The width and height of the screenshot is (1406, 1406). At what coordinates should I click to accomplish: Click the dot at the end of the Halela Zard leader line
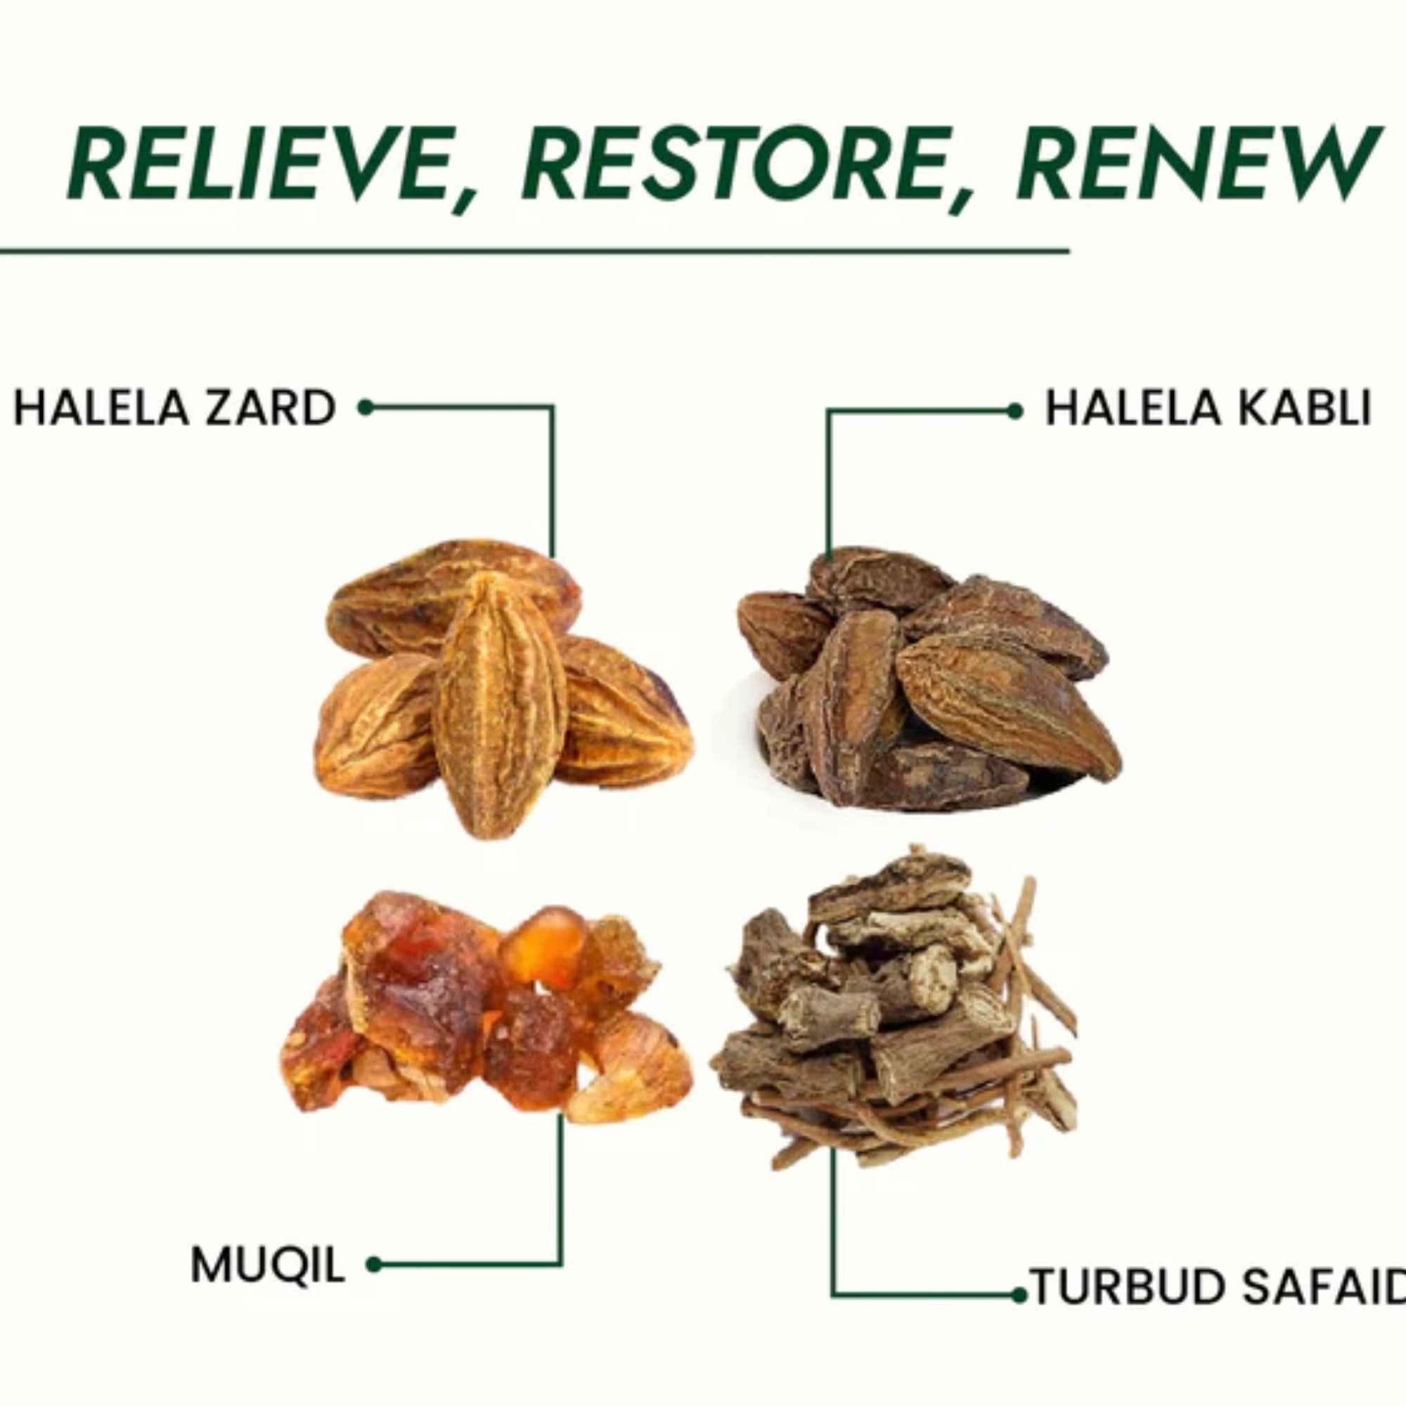coord(366,408)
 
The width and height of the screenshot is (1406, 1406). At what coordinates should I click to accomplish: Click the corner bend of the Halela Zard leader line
coord(553,408)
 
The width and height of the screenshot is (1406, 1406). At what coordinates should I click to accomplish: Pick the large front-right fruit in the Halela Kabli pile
coord(1008,702)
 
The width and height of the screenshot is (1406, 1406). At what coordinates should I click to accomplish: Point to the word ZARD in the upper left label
coord(271,408)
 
